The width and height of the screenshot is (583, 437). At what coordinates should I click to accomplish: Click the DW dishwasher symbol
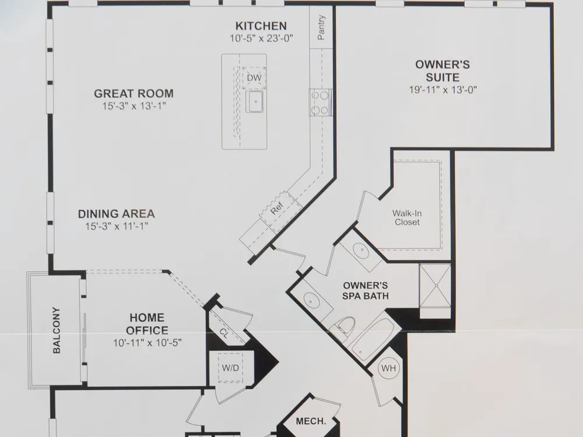point(254,77)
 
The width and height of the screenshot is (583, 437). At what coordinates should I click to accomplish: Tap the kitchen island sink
point(255,101)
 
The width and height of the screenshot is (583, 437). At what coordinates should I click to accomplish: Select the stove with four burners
point(320,103)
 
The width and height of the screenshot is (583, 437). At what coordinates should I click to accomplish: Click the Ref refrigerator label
point(276,209)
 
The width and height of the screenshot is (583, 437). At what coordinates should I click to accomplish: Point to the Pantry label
point(321,27)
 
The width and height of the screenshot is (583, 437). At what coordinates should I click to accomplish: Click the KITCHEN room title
point(261,26)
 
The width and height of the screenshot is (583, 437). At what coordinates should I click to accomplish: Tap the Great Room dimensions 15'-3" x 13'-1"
point(134,106)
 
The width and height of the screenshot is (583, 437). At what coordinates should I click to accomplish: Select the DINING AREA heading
point(117,214)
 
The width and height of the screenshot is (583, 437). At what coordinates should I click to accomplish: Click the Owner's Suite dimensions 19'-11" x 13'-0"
point(442,90)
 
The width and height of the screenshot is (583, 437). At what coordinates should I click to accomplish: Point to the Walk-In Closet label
point(407,218)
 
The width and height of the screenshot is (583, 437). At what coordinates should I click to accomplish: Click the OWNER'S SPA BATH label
point(366,291)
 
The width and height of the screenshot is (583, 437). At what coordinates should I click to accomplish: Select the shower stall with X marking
point(435,286)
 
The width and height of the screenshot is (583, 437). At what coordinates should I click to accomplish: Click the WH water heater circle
point(388,368)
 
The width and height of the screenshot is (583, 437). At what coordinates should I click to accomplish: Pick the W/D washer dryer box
point(230,368)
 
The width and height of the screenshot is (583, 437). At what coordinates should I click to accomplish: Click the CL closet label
point(223,333)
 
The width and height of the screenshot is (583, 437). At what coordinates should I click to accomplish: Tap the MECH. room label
point(311,421)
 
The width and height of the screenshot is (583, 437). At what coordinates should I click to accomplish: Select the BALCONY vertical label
point(57,330)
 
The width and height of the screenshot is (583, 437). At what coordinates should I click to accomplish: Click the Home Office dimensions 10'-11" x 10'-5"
point(147,343)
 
